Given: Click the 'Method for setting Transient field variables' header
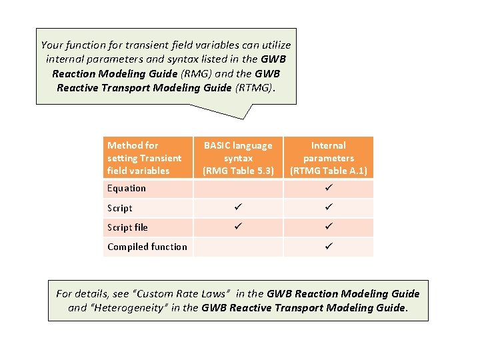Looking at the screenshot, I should (x=144, y=158).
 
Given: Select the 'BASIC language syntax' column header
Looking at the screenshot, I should (x=238, y=158).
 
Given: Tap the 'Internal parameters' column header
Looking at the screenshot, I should (x=328, y=158).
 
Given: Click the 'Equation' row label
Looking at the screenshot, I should (x=126, y=189).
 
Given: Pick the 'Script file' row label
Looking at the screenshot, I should (x=127, y=227).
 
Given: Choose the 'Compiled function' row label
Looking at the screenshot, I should (x=147, y=247).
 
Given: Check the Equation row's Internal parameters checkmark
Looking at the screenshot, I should (x=328, y=189).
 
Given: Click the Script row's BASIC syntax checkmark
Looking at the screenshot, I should (x=238, y=208).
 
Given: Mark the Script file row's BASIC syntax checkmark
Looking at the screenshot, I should (x=238, y=227).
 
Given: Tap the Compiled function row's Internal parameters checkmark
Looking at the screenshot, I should (x=328, y=247).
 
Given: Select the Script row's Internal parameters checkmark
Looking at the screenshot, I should (x=328, y=208).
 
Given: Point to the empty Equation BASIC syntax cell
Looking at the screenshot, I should (x=238, y=189).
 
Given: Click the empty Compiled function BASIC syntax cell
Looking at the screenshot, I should (x=238, y=247).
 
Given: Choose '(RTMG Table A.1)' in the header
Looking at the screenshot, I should (x=328, y=171).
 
